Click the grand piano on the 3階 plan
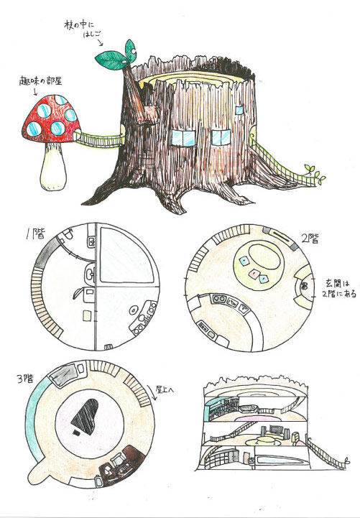pyautogui.click(x=86, y=417)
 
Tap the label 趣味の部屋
pyautogui.click(x=40, y=80)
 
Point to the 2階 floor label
pyautogui.click(x=310, y=239)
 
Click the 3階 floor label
pyautogui.click(x=25, y=379)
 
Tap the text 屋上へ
pyautogui.click(x=165, y=390)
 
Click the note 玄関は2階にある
pyautogui.click(x=340, y=288)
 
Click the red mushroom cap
pyautogui.click(x=51, y=119)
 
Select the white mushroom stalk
pyautogui.click(x=53, y=167)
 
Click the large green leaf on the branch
pyautogui.click(x=111, y=60)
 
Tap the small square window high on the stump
pyautogui.click(x=239, y=110)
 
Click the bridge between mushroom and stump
pyautogui.click(x=98, y=139)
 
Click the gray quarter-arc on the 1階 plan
pyautogui.click(x=47, y=252)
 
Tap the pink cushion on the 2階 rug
pyautogui.click(x=254, y=274)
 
